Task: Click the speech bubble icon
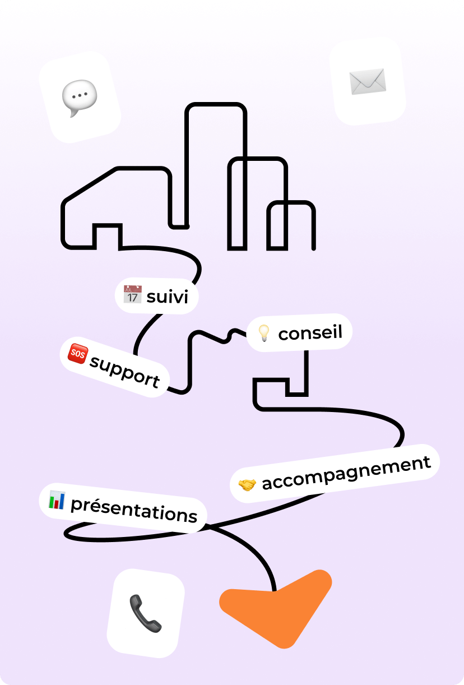coord(79,98)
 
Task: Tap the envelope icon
coord(368,82)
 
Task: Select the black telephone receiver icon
coord(146,613)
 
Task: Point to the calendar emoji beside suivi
coord(132,294)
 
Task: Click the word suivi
coord(167,296)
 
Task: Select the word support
coord(124,371)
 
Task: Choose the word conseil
coord(310,333)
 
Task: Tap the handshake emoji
coord(247,484)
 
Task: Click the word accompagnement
coord(346,473)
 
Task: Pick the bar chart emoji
coord(57,499)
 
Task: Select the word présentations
coord(133,509)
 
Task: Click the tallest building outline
coord(216,105)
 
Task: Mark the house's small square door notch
coord(107,226)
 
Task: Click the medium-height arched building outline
coord(258,160)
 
